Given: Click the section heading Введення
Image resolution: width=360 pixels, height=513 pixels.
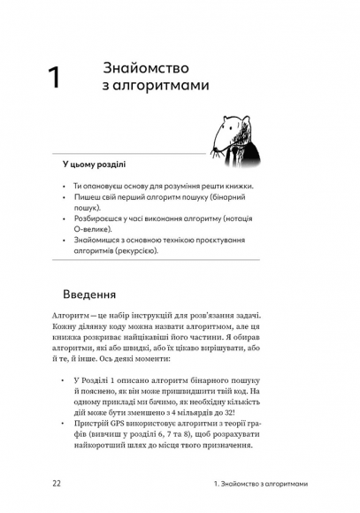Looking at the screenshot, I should (x=98, y=294).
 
